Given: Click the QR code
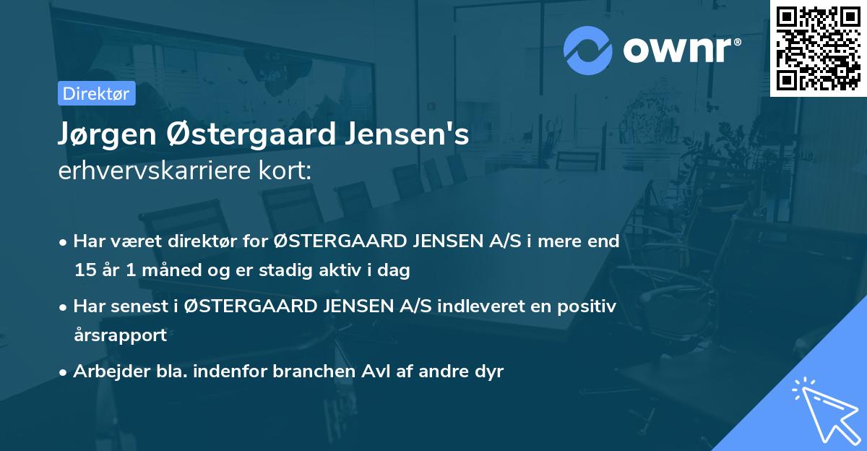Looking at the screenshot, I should [x=819, y=48].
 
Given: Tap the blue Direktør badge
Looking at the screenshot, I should [x=96, y=93].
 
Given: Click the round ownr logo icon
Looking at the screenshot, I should [x=588, y=51].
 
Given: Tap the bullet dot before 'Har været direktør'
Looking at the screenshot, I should [x=64, y=242].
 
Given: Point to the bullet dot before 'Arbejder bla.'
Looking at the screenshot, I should [x=64, y=372].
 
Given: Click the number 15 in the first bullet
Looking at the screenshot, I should [x=85, y=271].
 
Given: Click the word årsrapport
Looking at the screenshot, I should [x=120, y=335].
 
